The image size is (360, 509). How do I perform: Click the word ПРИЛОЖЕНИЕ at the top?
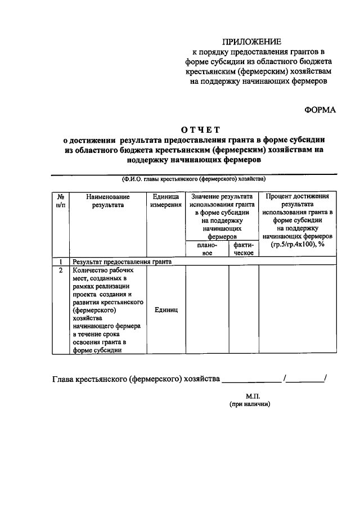(250, 42)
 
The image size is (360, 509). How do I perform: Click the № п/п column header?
(60, 201)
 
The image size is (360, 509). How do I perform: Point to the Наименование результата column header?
(108, 201)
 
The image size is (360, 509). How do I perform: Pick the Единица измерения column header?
(166, 201)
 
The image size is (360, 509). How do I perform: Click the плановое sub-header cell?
(206, 249)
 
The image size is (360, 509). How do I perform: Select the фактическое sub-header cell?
(244, 249)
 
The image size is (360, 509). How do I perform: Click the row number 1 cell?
(60, 262)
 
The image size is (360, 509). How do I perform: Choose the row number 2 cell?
(60, 270)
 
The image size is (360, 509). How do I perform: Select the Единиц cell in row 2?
(166, 310)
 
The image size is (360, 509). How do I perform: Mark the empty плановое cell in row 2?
(206, 310)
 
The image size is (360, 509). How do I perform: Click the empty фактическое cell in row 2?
(244, 310)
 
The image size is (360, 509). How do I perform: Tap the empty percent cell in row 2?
(298, 310)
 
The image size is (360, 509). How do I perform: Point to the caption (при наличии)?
(250, 404)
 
